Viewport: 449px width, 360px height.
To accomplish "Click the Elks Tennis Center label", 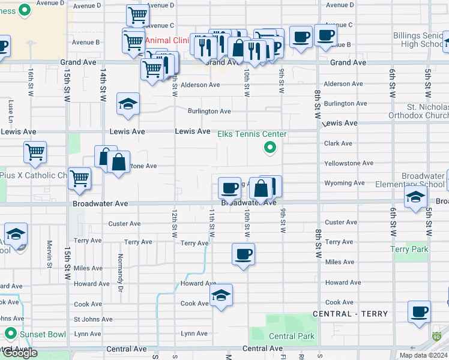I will pos(252,134).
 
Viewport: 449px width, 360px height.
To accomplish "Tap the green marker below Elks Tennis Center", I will pos(270,147).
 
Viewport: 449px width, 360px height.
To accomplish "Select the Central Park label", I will pos(291,337).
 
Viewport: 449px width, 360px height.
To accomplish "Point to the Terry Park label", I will pos(409,249).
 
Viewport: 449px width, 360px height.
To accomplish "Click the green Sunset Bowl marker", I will pos(10,333).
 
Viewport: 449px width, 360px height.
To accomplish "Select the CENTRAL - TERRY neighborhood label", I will pos(350,314).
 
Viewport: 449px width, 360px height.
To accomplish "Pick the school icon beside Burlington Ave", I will pos(128,105).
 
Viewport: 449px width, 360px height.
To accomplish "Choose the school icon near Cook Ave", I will pos(221,296).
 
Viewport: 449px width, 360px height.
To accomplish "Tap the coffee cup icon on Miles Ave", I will pos(244,254).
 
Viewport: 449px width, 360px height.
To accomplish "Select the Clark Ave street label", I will pos(338,143).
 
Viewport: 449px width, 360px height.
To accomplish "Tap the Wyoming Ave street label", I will pos(344,183).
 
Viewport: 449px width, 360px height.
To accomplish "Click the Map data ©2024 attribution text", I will pos(423,355).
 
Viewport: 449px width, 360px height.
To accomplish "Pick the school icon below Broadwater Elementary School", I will pos(415,197).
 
